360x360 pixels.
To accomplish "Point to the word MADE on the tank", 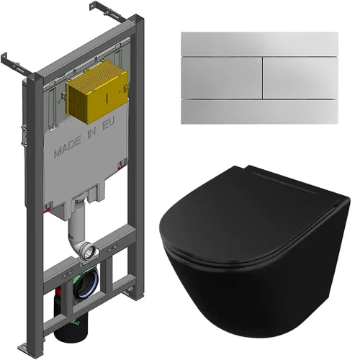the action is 67,147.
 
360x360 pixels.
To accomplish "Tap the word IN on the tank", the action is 91,133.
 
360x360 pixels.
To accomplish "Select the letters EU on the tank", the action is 109,123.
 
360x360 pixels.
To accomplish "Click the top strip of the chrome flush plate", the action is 260,44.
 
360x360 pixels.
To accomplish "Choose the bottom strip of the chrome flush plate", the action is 260,112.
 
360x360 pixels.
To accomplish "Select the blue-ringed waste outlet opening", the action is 87,284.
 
